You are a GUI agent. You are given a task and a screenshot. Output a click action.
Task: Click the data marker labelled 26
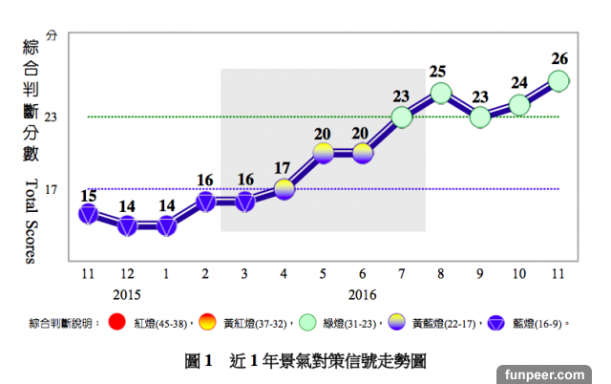(558, 80)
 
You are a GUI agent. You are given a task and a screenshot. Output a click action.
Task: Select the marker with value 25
(440, 93)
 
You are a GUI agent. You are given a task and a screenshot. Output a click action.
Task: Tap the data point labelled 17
(284, 189)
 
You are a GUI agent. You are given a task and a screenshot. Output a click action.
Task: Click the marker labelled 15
(88, 214)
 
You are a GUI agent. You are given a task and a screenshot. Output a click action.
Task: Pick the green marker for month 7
(401, 117)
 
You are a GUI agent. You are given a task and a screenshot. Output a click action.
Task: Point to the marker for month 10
(519, 105)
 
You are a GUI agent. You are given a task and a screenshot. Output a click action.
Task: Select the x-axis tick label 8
(440, 273)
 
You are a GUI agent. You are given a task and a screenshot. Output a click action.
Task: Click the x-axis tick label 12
(127, 273)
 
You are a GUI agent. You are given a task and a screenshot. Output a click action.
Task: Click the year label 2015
(127, 294)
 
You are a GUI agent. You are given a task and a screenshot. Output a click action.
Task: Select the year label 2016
(362, 294)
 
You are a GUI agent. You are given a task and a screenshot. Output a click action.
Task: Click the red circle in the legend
(117, 322)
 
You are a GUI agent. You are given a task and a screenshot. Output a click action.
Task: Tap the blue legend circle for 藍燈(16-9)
(495, 322)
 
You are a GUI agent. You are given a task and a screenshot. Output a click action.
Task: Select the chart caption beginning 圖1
(305, 361)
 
